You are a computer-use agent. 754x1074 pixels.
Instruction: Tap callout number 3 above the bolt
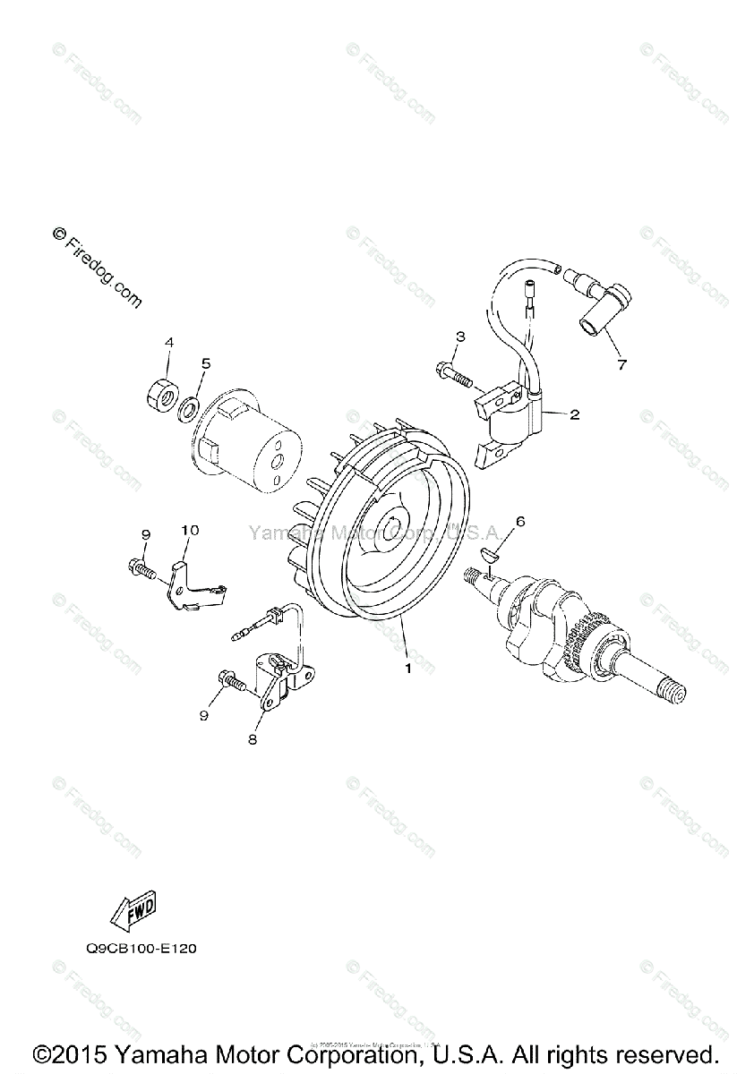(x=459, y=337)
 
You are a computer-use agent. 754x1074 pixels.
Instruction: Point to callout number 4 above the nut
(x=167, y=343)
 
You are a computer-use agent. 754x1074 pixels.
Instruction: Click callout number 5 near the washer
(x=205, y=363)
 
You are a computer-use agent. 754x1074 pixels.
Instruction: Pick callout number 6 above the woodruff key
(x=519, y=521)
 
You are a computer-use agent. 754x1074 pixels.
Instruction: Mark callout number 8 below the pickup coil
(x=253, y=739)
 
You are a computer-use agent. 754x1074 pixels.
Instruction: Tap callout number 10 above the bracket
(x=189, y=531)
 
